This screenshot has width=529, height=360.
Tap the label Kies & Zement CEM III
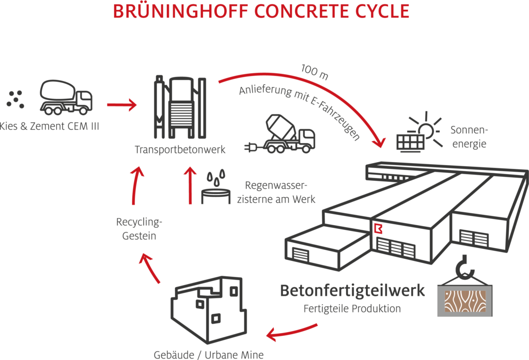[49, 126]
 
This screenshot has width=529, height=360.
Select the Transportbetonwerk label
[180, 149]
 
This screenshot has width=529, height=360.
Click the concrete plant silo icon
[180, 107]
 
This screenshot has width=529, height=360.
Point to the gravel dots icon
[15, 99]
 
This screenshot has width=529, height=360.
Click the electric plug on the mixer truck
[252, 147]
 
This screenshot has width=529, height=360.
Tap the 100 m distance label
[315, 72]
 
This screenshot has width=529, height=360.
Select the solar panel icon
[411, 143]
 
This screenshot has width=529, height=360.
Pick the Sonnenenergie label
[469, 137]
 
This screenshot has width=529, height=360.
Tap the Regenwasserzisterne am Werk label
[276, 192]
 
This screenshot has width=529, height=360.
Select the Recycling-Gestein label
[139, 229]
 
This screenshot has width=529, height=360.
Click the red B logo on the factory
[378, 228]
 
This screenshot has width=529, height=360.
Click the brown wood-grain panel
[465, 301]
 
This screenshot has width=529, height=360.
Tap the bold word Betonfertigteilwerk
[352, 290]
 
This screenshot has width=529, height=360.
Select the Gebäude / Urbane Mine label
[209, 355]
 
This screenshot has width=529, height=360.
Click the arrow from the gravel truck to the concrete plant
[122, 105]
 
